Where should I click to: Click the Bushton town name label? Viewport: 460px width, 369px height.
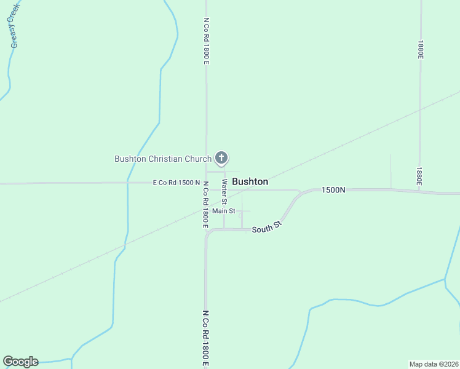(x=250, y=182)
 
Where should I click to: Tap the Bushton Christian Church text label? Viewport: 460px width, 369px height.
(x=163, y=159)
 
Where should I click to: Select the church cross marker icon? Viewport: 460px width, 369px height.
(x=222, y=158)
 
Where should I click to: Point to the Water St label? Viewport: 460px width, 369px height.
(x=225, y=192)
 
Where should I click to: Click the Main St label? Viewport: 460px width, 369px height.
(x=224, y=211)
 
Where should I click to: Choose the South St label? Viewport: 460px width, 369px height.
(x=266, y=228)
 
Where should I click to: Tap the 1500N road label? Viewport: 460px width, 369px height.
(x=333, y=190)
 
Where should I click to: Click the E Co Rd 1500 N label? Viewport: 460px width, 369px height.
(x=176, y=183)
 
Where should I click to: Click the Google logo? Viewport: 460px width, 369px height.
(x=20, y=362)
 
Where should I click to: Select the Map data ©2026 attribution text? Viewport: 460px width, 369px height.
(x=434, y=363)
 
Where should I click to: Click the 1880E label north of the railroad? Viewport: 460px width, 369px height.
(x=420, y=50)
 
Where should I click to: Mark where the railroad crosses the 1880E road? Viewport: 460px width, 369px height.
(x=420, y=111)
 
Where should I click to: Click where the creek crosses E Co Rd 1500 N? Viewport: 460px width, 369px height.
(x=127, y=183)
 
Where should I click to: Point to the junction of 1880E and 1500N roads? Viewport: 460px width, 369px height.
(x=420, y=191)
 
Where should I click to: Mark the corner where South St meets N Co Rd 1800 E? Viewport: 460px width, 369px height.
(x=207, y=232)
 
